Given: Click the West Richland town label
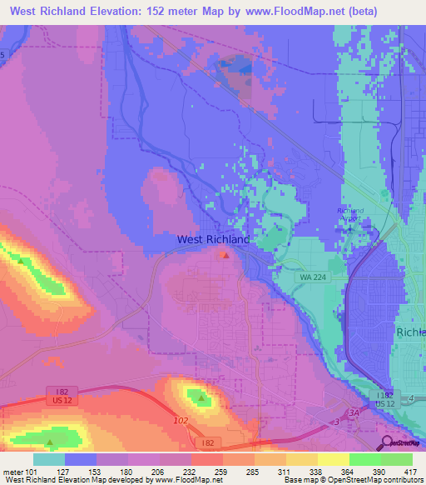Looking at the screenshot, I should [213, 239].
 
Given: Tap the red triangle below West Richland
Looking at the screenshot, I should [225, 255].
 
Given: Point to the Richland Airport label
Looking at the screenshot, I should [350, 215].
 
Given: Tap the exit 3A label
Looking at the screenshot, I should [354, 412].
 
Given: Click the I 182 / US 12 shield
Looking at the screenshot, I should [383, 398].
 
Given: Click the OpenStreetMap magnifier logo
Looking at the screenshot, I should [388, 443].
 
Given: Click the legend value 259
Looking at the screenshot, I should [220, 472].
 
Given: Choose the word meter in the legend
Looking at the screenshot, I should [12, 472].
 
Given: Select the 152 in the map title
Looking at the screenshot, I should [161, 12].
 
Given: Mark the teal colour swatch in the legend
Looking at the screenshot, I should [48, 459].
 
